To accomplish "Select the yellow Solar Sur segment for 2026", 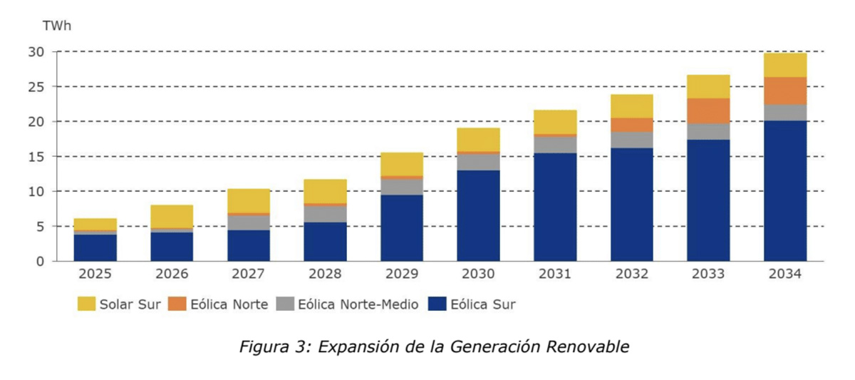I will click(172, 217).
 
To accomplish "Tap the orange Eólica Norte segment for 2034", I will click(785, 91).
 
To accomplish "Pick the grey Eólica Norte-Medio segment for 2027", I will click(249, 222).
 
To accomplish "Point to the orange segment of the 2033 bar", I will click(708, 111).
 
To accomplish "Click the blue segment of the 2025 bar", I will click(95, 247).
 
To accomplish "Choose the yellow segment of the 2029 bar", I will click(402, 164).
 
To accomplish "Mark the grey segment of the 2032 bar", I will click(631, 140).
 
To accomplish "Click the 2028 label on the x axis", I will click(325, 274).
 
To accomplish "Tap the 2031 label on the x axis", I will click(555, 274).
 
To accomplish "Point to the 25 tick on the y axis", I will click(36, 87).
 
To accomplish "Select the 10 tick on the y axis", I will click(36, 191).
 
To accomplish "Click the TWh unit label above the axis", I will click(56, 26).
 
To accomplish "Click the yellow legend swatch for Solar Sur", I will click(86, 304).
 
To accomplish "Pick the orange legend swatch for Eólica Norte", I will click(179, 304).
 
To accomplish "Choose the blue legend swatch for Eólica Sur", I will click(437, 304).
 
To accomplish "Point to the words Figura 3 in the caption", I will click(271, 347).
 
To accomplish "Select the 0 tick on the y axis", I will click(40, 261).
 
